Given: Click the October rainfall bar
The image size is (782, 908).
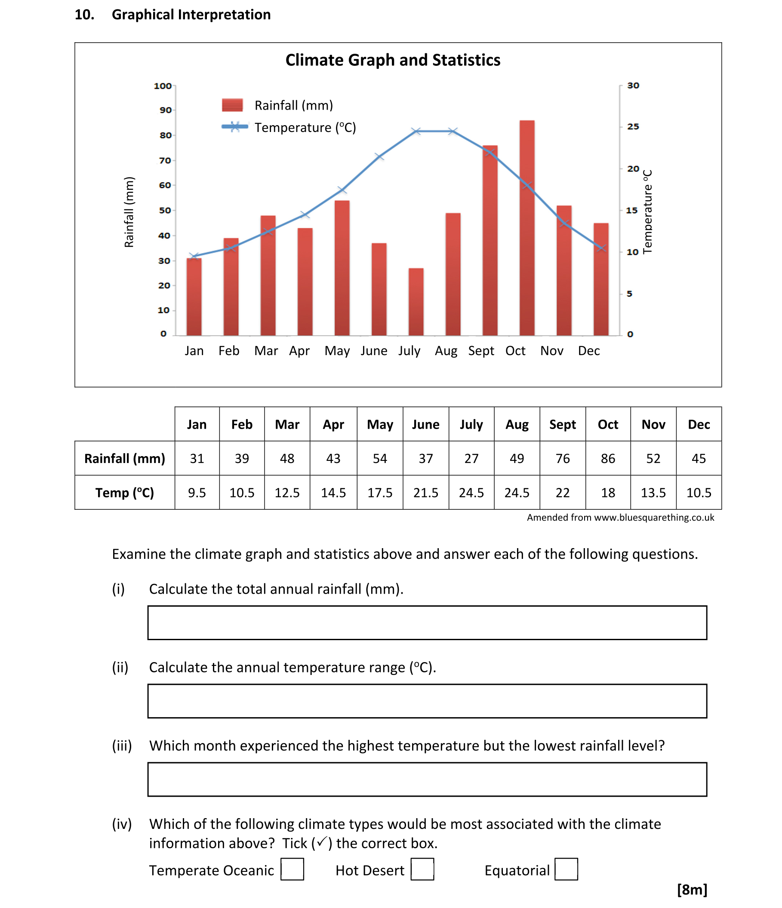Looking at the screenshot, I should pos(526,228).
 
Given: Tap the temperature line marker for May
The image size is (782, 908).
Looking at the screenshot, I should pos(342,190).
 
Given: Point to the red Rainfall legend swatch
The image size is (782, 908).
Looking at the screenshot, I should pos(232,105).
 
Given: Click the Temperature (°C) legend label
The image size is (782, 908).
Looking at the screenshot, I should pos(305,128).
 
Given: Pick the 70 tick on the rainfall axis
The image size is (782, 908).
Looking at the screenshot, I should pos(165,160).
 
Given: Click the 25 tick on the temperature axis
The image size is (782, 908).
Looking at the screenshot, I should pos(633,127).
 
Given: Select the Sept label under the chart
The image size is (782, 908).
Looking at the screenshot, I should pos(481,350).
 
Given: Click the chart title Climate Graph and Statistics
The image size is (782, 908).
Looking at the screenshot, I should pos(393,60).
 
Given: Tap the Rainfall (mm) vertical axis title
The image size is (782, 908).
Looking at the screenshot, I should pos(129,212).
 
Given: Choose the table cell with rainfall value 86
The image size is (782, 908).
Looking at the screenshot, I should pos(607,458).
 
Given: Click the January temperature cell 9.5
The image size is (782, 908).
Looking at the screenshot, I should pos(197,493).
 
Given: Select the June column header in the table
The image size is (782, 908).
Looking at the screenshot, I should pos(425,424).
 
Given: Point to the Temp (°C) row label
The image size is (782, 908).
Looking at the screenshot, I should pos(124,493).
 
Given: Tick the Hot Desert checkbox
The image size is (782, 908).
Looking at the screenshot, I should pos(422,869).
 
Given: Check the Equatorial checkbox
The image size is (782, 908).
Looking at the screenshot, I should pos(566,869).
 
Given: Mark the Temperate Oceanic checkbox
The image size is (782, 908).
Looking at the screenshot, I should pos(292,869).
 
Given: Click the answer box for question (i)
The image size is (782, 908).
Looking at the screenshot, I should pos(427,623).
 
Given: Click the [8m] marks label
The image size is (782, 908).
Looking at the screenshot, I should pos(692,890).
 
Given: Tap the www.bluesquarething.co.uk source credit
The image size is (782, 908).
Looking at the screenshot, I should pos(653,518).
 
